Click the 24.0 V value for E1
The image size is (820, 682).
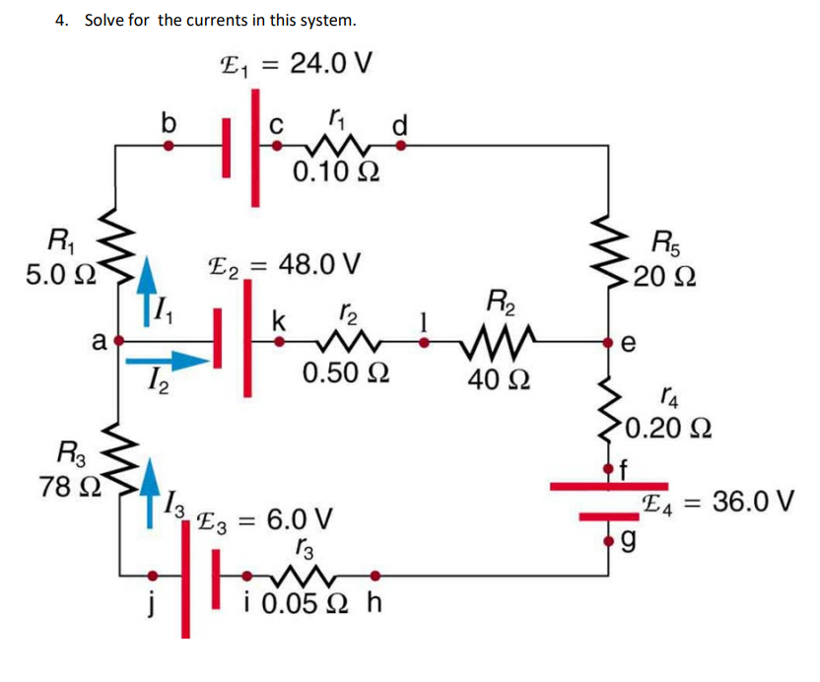[x=327, y=64]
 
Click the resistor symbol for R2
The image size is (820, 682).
[x=504, y=343]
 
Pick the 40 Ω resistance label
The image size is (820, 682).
[x=504, y=379]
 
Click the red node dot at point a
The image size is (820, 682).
[x=119, y=342]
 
